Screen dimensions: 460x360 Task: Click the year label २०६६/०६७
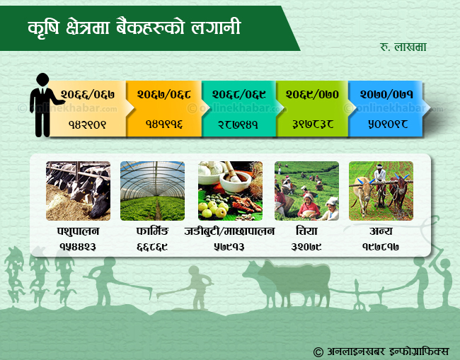coord(88,94)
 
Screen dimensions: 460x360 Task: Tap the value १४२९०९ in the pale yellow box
coord(87,124)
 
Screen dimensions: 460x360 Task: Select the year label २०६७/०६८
coord(163,94)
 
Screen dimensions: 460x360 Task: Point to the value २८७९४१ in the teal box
coord(238,124)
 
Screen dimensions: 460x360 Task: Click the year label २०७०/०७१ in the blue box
coord(386,94)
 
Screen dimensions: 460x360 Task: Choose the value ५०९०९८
coord(388,124)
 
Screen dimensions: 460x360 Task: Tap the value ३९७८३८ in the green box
coord(313,124)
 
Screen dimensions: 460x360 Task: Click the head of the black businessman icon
coord(42,79)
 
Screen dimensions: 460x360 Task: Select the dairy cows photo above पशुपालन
coord(79,191)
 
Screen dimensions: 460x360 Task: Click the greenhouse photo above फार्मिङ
coord(153,191)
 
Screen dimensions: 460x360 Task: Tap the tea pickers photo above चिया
coord(306,191)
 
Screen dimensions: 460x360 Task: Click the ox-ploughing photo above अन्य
coord(381,191)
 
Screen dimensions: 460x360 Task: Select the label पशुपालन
coord(78,231)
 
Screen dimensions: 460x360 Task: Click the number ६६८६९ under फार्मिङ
coord(152,247)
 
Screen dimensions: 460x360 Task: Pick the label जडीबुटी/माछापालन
coord(229,231)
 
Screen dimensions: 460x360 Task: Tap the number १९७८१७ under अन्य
coord(381,247)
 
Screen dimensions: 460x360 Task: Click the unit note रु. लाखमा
coord(403,47)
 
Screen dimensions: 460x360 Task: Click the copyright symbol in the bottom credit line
coord(318,352)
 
